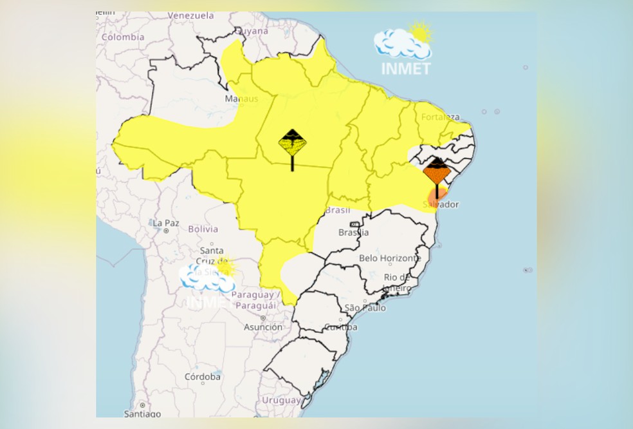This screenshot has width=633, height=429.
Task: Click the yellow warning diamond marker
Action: [293, 142]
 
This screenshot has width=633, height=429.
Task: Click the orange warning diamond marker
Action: [437, 172]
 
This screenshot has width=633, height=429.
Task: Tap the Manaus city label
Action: [241, 99]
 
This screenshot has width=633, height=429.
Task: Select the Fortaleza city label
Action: [441, 117]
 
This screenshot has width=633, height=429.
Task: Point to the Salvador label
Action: [441, 204]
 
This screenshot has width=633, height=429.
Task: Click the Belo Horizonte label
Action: [390, 258]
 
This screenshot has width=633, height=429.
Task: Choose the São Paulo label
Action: [365, 308]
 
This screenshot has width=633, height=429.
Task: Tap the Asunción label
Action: [262, 327]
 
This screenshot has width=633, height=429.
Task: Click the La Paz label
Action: [165, 222]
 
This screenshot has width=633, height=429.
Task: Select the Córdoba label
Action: [203, 376]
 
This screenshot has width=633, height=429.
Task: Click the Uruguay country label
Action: [281, 401]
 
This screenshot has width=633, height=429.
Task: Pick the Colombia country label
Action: [122, 37]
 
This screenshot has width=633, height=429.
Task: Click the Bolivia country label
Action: [203, 229]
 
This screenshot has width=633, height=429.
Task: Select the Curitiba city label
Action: [341, 327]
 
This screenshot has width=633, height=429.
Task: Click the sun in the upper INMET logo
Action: [421, 32]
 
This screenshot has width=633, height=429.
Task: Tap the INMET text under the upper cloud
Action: [405, 68]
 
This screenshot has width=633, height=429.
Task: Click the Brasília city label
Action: [354, 232]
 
